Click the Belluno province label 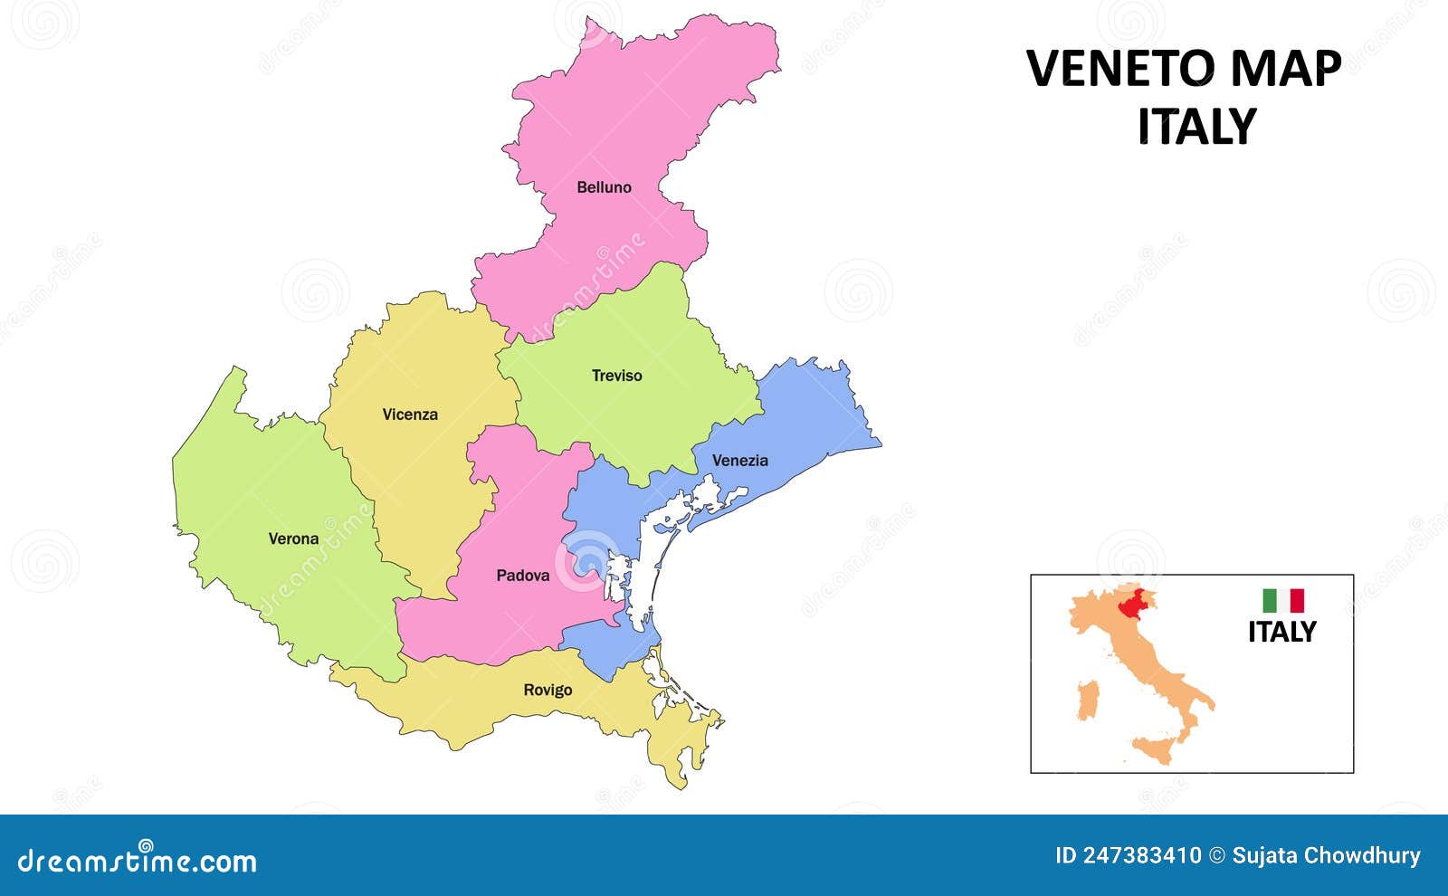pos(604,187)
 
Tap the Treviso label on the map pos(616,375)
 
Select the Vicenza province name pos(409,415)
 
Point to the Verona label pos(293,539)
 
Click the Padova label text pos(522,575)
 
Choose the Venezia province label pos(739,460)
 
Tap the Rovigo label pos(548,690)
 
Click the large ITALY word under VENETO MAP pos(1196,127)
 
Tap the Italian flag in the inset pos(1283,600)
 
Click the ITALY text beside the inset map pos(1281,632)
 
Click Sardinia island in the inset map pos(1087,701)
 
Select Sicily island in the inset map pos(1155,749)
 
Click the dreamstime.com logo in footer pos(138,861)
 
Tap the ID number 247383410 pos(1144,855)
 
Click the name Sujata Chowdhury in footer pos(1326,855)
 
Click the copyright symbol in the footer pos(1217,855)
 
